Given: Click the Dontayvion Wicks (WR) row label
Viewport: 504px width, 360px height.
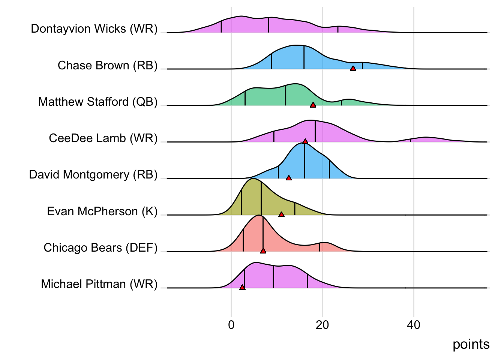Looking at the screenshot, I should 94,29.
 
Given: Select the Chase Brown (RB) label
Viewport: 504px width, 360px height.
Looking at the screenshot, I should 108,65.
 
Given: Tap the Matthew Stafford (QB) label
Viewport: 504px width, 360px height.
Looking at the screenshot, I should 98,102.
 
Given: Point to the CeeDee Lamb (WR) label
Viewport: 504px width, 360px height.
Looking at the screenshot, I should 103,138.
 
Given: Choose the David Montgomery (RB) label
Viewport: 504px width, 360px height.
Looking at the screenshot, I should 93,175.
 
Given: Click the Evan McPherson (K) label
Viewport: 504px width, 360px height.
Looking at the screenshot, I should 102,211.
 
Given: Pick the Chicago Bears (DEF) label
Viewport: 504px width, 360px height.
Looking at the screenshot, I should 100,247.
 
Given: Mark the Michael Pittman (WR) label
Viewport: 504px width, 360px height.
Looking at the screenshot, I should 99,284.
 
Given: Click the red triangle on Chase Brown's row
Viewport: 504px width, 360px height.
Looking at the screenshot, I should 353,68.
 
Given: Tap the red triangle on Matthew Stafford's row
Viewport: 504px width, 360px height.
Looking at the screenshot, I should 313,105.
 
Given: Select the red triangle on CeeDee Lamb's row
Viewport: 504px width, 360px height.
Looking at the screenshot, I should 305,141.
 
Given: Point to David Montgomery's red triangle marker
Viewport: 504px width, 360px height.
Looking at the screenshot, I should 289,178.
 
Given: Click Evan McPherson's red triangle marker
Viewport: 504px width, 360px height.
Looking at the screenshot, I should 282,214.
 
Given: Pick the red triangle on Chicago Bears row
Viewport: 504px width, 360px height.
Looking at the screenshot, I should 263,250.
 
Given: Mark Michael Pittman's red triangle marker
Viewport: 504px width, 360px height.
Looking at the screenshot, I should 242,287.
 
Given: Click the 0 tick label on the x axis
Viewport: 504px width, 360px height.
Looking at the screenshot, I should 231,325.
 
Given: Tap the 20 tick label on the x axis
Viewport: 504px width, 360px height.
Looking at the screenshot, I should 322,325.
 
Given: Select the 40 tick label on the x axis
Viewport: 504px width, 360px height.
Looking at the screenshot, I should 414,325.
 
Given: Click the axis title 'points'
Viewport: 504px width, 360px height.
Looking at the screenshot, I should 471,344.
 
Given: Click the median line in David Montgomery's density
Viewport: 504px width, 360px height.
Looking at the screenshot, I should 304,161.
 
